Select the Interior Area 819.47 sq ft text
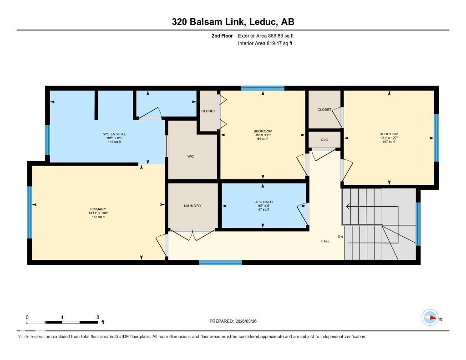265,44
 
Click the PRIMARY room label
98,209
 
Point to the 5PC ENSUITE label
114,134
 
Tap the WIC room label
191,157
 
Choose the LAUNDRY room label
192,206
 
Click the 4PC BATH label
264,202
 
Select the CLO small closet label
324,140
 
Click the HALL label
325,241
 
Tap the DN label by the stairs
340,237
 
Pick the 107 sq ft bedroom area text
389,142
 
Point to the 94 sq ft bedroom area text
263,139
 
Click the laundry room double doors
192,234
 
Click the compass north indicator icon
430,317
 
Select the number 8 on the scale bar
97,317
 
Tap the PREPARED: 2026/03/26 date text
236,321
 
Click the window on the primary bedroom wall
30,213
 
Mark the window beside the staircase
418,223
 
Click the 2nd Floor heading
222,36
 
